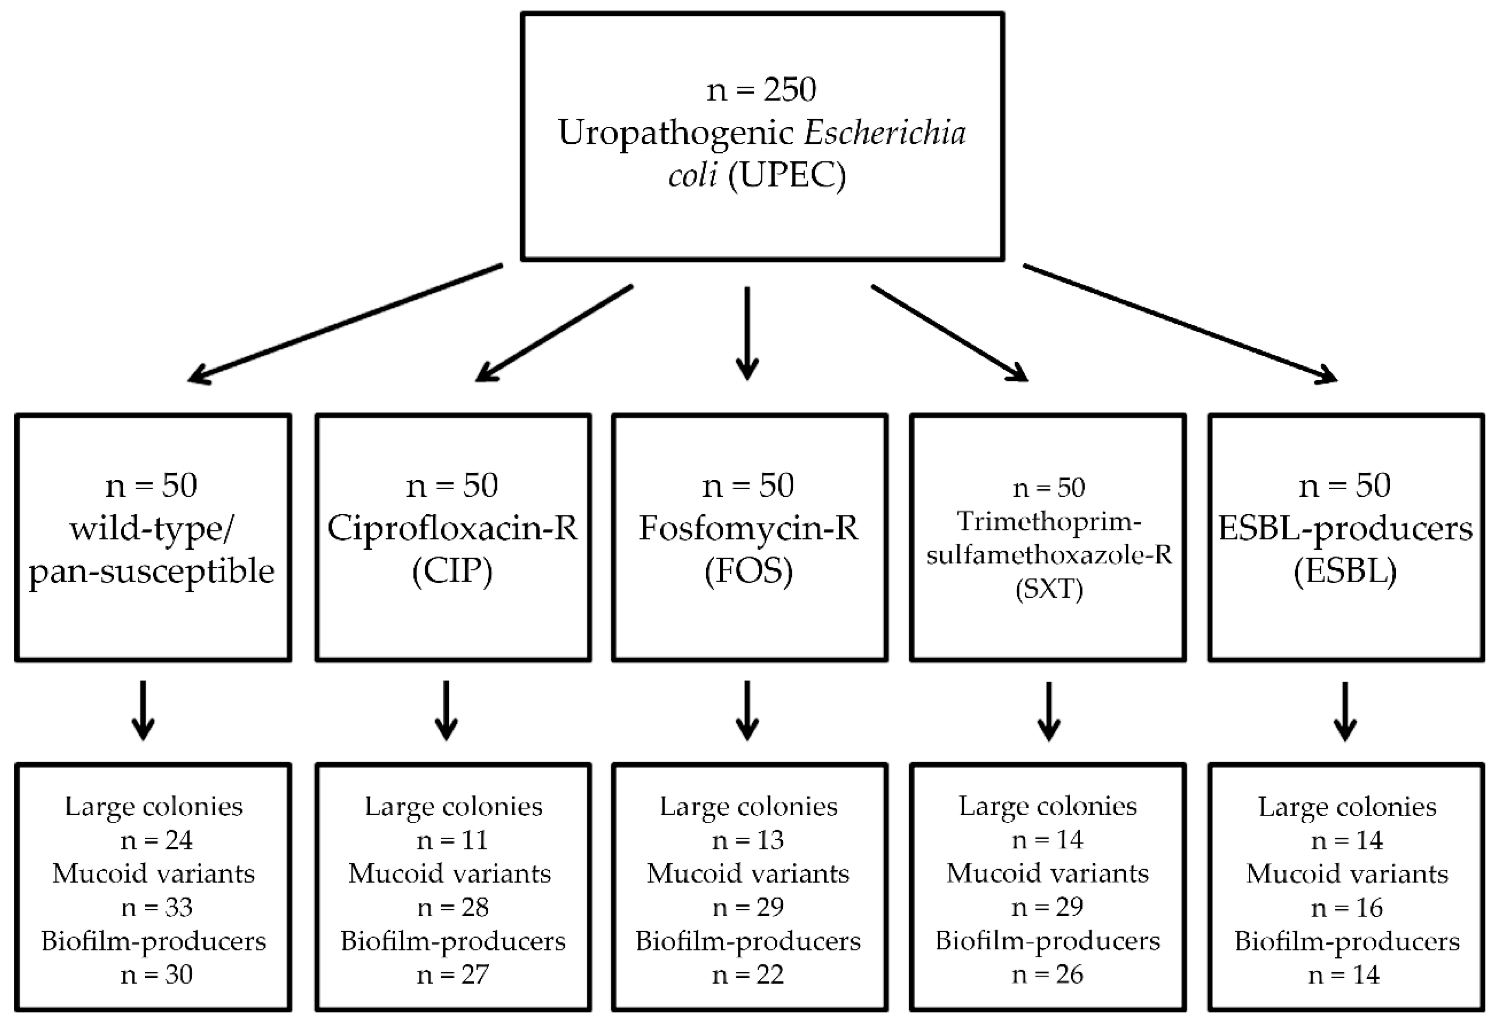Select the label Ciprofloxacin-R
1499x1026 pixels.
point(452,529)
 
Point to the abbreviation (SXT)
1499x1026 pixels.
point(1049,589)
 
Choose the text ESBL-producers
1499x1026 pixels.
point(1345,529)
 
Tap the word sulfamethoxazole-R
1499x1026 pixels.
point(1049,555)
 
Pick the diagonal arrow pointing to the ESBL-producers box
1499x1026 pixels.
point(1180,325)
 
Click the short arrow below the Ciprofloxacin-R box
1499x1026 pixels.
point(446,711)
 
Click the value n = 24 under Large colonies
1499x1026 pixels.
point(156,840)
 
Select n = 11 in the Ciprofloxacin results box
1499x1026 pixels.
point(452,840)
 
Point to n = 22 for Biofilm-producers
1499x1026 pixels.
point(748,974)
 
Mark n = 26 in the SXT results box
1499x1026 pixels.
point(1047,974)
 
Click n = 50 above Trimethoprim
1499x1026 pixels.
point(1049,488)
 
